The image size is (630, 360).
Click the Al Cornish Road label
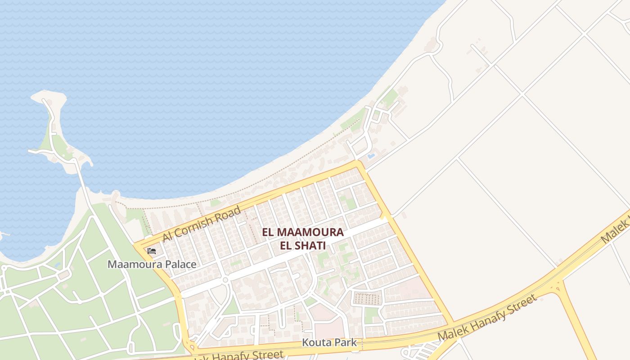(x=202, y=223)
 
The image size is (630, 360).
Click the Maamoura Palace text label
(x=152, y=264)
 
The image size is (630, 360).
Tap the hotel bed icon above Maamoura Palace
(x=152, y=251)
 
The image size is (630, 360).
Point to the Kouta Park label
(x=329, y=342)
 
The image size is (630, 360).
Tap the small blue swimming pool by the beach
(x=370, y=156)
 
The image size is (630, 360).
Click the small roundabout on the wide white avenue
(x=225, y=279)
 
